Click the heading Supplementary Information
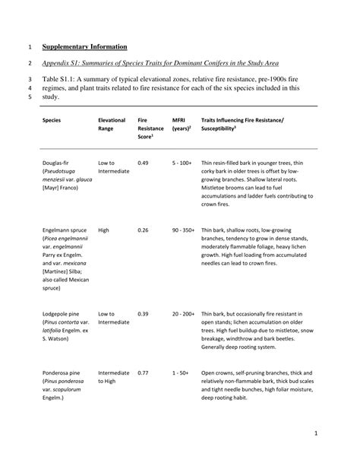(84, 47)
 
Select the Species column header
(52, 121)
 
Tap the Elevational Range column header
(112, 125)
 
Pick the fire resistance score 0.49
(143, 163)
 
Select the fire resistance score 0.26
(143, 230)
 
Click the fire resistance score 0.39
(143, 314)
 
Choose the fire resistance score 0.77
(143, 373)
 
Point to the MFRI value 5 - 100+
(182, 163)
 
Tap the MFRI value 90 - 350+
(184, 230)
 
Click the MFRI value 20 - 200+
(184, 314)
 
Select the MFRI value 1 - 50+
(180, 373)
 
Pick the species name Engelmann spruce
(66, 230)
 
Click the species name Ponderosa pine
(62, 373)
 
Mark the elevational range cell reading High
(104, 230)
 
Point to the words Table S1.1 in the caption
(61, 79)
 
